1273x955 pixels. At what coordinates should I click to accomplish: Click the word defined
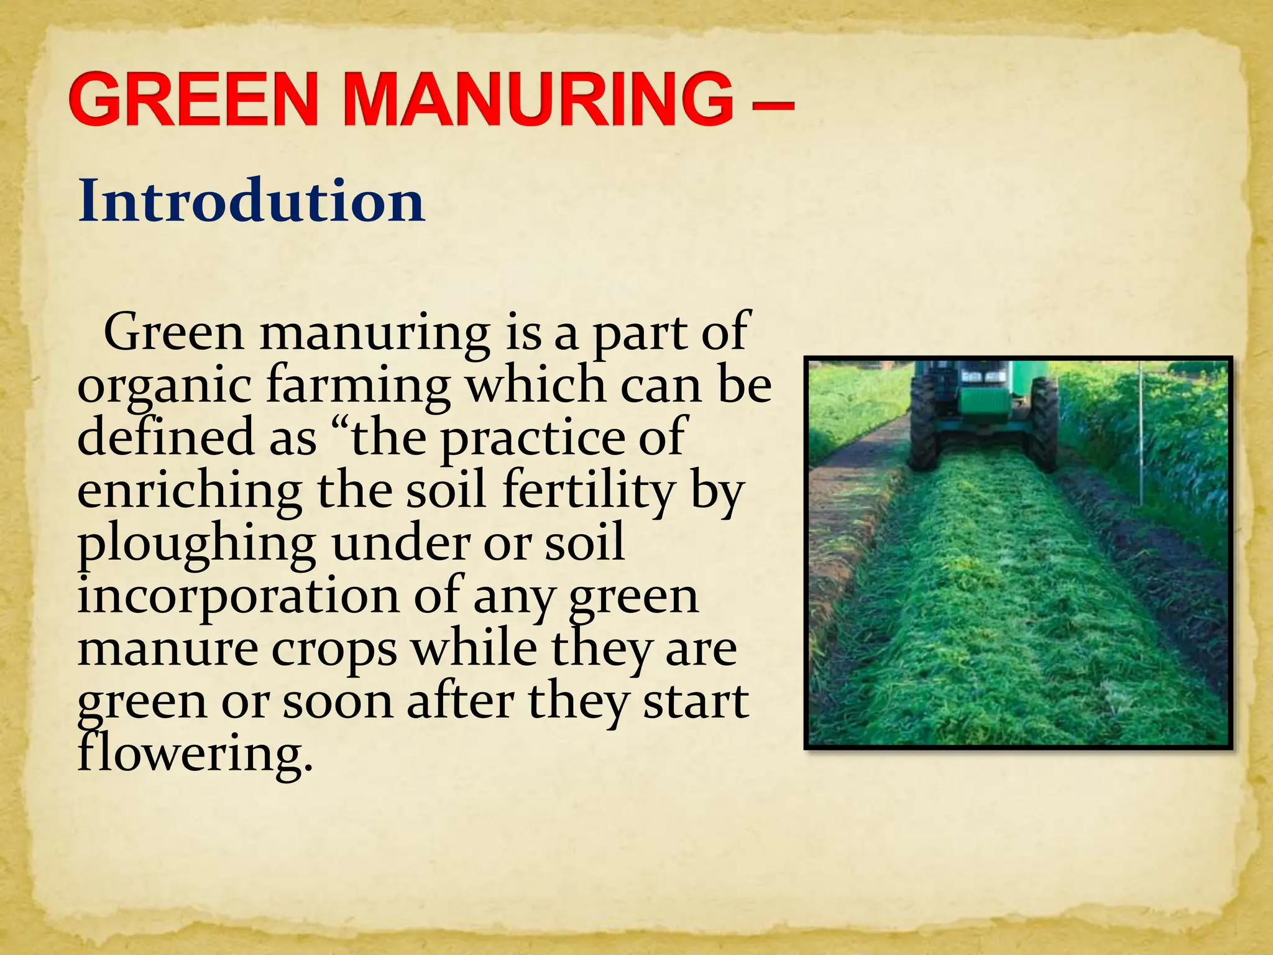165,436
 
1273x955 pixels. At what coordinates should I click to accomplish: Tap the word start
696,701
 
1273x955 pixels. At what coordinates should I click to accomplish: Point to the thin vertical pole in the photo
1141,435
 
